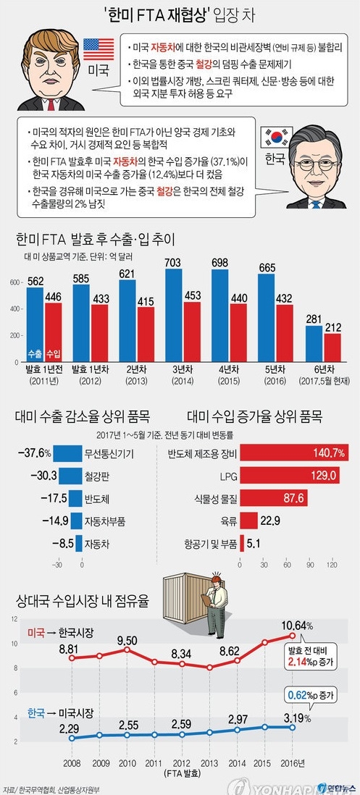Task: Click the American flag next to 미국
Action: (x=98, y=49)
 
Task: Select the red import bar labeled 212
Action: (x=332, y=347)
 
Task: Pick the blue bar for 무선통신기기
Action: (x=68, y=454)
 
